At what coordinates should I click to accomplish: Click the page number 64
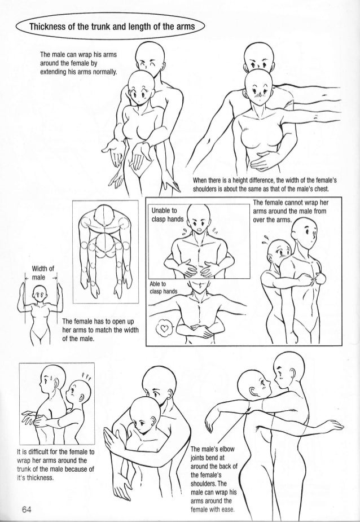[27, 510]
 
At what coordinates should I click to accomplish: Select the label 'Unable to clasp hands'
[167, 215]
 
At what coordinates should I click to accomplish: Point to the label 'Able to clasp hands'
[163, 288]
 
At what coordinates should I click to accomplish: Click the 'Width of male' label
[42, 273]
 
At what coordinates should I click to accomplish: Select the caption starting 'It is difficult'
[56, 465]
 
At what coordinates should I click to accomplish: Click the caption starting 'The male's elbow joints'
[214, 479]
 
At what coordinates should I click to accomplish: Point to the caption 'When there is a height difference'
[265, 185]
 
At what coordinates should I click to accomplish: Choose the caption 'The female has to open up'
[100, 330]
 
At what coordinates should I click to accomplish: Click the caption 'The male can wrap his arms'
[78, 63]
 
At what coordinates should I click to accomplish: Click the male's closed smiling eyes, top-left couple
[147, 63]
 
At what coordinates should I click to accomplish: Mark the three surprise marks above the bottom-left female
[86, 377]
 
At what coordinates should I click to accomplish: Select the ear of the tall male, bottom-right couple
[292, 372]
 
